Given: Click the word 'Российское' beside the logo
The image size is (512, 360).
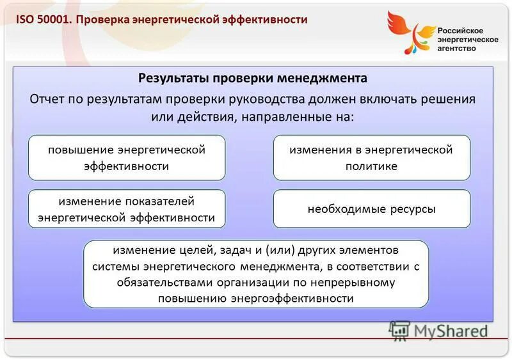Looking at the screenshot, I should click(x=460, y=31).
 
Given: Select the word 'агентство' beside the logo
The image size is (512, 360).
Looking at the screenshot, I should click(x=457, y=49).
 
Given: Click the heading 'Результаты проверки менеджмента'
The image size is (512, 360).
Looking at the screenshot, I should click(x=253, y=78).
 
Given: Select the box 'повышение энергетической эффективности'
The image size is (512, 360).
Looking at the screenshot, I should click(x=127, y=158).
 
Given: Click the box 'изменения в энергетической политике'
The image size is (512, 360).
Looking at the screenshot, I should click(x=371, y=158).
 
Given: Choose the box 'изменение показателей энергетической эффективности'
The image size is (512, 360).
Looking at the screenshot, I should click(x=127, y=209).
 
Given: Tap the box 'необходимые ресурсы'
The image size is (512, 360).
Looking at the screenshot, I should click(x=371, y=209).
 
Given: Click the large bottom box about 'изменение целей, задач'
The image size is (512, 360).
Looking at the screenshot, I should click(x=255, y=274).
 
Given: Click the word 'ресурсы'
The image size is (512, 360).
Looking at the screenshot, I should click(x=413, y=209).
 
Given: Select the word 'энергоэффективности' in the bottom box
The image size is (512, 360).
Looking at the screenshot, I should click(x=292, y=299).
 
